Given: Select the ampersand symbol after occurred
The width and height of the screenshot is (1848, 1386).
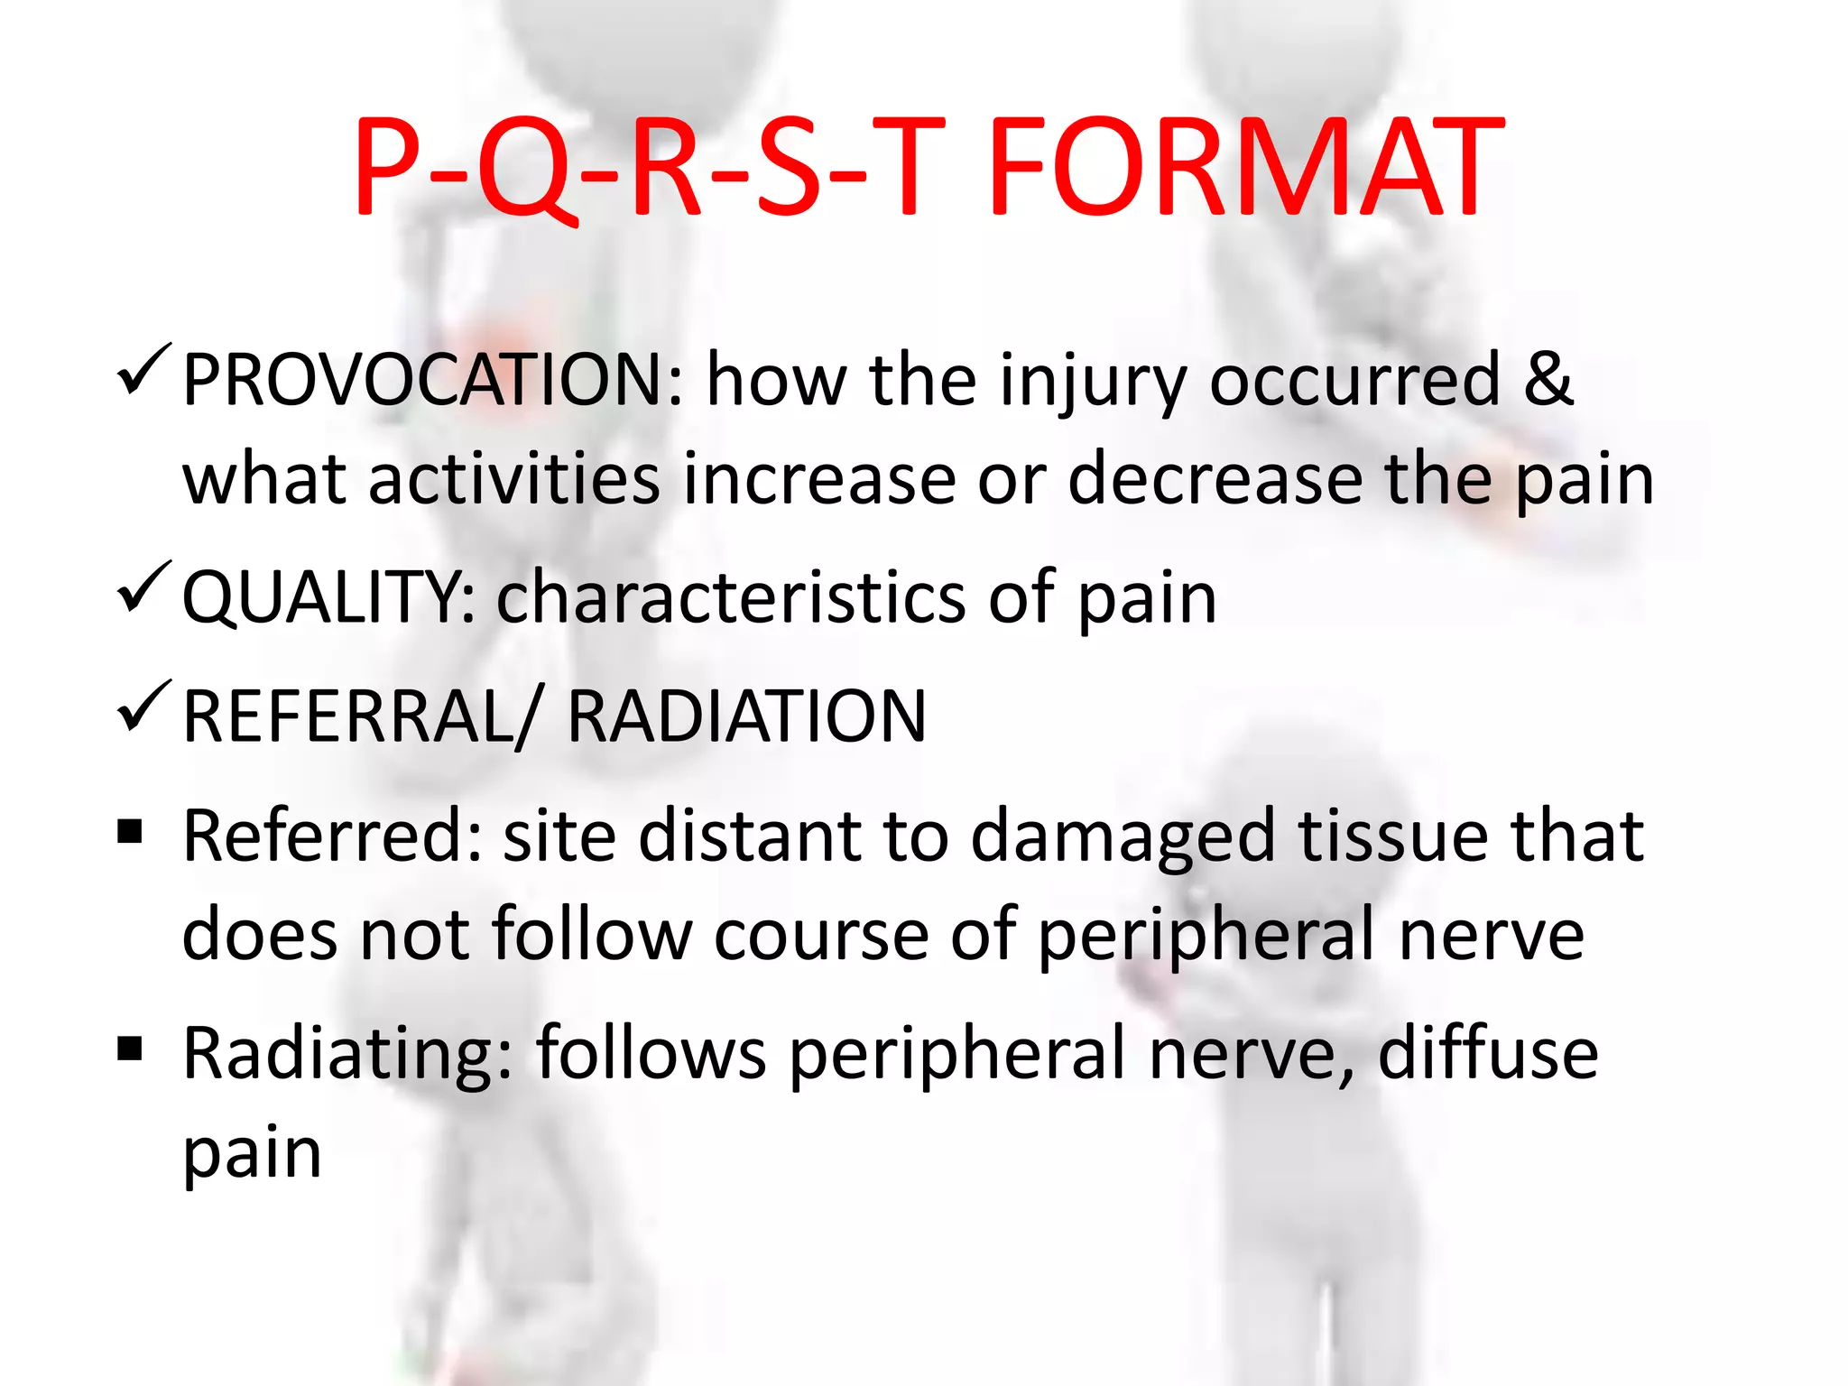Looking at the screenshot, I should click(1548, 379).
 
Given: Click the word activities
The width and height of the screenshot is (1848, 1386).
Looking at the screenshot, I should click(513, 478).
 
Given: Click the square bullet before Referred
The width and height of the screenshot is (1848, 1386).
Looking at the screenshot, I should click(131, 830).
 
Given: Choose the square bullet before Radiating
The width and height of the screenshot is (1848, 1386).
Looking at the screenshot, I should click(131, 1048).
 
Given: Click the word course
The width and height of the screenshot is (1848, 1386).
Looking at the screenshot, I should click(821, 935).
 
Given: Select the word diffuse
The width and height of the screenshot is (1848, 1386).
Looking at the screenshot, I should click(1488, 1053).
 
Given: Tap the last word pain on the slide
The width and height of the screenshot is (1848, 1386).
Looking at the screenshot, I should click(253, 1156).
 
